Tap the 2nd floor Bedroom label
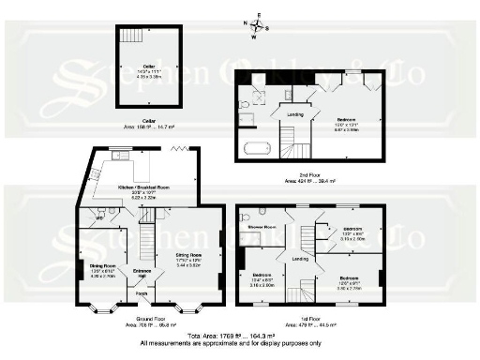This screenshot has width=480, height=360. pyautogui.click(x=346, y=120)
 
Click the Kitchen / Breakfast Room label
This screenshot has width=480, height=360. pyautogui.click(x=143, y=187)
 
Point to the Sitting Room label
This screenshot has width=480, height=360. pyautogui.click(x=189, y=254)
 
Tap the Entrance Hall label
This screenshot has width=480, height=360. pyautogui.click(x=142, y=273)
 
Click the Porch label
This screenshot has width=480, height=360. pyautogui.click(x=142, y=292)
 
